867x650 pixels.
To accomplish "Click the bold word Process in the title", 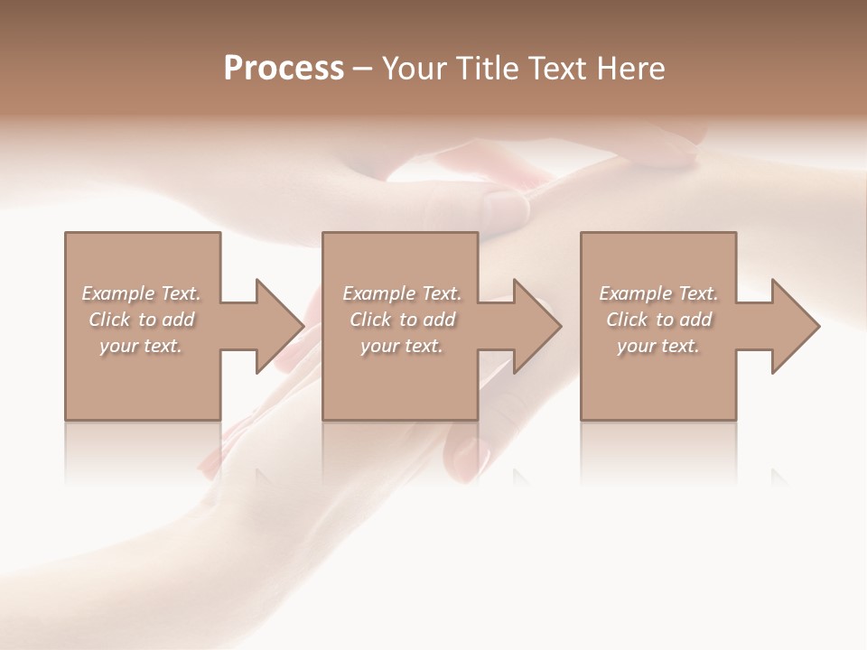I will tap(284, 69).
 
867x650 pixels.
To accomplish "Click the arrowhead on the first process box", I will tap(281, 326).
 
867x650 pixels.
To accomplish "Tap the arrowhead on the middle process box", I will tap(538, 326).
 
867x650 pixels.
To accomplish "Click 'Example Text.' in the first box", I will tap(141, 293).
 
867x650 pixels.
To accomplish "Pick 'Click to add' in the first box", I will tap(141, 320).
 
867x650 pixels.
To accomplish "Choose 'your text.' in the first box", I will tap(141, 346).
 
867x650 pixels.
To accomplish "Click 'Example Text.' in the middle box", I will tap(402, 293).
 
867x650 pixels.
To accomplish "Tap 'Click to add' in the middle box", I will tap(402, 320).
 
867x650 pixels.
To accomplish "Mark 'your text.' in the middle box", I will tap(402, 346).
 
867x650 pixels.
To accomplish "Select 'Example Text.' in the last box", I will tap(658, 293).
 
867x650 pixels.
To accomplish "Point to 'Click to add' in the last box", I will tap(658, 320).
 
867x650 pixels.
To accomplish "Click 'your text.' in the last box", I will tap(658, 346).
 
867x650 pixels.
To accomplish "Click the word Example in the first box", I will tap(117, 293).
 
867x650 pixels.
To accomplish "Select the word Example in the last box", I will tap(635, 293).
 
